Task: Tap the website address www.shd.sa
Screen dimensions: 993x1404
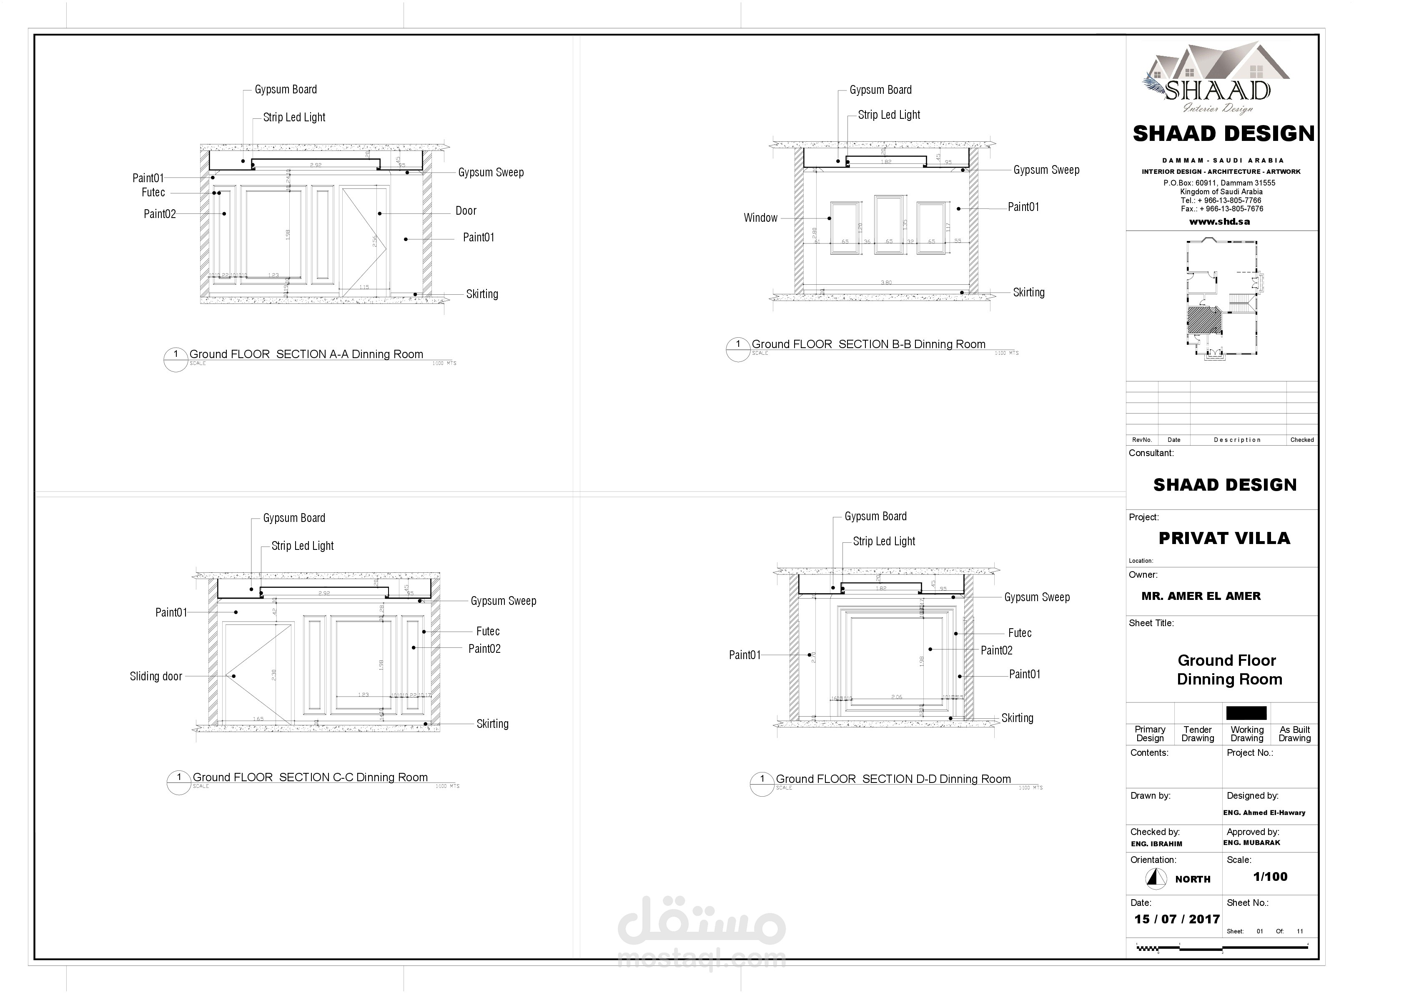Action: (x=1219, y=222)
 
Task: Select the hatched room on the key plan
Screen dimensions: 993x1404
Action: (x=1203, y=320)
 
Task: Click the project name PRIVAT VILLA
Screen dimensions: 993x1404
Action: (x=1224, y=538)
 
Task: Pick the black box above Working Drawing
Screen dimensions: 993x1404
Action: (x=1246, y=713)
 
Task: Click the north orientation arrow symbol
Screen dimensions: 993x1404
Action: (x=1155, y=879)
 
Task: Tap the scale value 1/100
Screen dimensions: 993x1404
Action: (x=1270, y=877)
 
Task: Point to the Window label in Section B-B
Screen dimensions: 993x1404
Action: (x=760, y=218)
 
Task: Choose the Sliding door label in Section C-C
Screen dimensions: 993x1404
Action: (x=156, y=676)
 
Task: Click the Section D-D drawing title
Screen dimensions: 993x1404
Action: (x=893, y=779)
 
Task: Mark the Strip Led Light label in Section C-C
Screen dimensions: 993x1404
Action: (x=302, y=546)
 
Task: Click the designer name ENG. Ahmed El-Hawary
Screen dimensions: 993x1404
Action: (x=1264, y=812)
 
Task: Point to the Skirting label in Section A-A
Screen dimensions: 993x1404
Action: (x=482, y=294)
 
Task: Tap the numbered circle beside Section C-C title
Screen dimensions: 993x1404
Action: (x=178, y=782)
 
